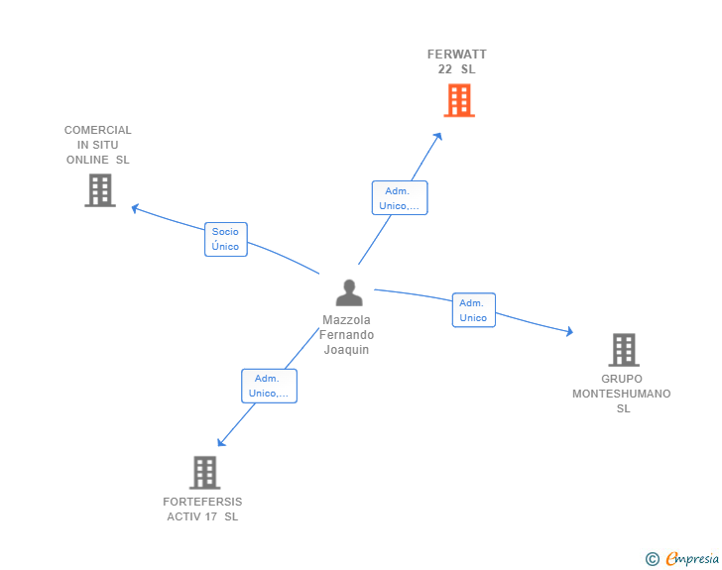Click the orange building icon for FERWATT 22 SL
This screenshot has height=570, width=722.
coord(459,100)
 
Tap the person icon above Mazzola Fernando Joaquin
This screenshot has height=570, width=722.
coord(349,292)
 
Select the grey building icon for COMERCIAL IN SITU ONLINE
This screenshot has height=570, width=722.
coord(100,190)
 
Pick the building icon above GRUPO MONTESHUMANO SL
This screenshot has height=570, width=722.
coord(624,350)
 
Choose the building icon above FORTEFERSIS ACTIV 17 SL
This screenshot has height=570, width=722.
coord(205,473)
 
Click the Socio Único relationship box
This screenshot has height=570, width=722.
coord(226,240)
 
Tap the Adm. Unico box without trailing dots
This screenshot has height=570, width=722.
coord(474,310)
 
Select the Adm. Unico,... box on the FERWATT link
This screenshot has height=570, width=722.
coord(400,197)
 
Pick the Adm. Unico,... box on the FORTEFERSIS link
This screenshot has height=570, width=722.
coord(270,386)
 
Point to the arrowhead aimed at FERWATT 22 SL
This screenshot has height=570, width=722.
coord(438,136)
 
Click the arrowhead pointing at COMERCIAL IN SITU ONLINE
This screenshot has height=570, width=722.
coord(135,208)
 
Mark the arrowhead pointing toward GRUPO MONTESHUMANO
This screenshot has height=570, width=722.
coord(569,331)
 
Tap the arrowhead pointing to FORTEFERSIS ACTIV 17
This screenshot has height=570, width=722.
coord(221,442)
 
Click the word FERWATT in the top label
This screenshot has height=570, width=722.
coord(457,55)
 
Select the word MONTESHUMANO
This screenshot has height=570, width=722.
coord(622,394)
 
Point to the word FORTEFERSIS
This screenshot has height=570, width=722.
coord(202,502)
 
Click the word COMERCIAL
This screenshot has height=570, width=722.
coord(97,130)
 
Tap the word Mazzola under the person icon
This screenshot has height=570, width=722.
coord(346,319)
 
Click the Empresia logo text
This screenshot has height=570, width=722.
coord(692,559)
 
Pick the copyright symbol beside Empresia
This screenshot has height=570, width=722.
coord(653,559)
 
